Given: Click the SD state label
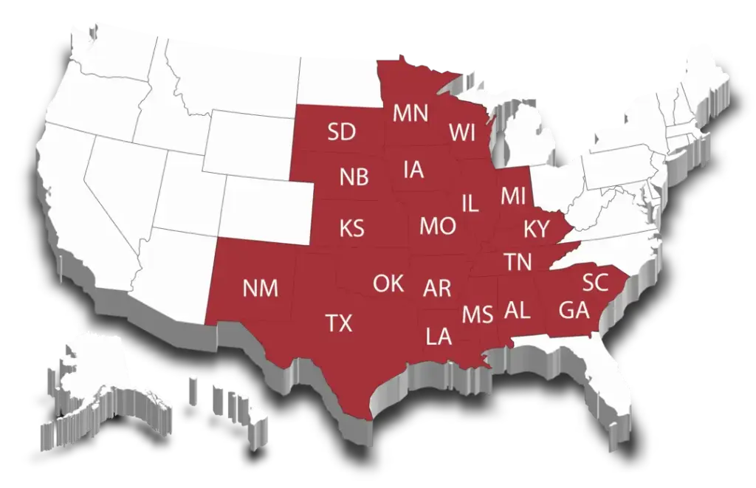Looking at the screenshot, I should [x=342, y=132].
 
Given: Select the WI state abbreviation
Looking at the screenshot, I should [x=462, y=133].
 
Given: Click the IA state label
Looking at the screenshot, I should [x=413, y=170].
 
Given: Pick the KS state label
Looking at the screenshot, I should [x=351, y=228].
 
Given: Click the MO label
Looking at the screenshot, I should [x=437, y=226].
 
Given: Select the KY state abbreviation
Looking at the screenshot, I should [x=537, y=229].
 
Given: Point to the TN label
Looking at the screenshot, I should [x=519, y=261].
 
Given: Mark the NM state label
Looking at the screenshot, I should [x=260, y=289].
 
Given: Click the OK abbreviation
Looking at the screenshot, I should [x=388, y=283].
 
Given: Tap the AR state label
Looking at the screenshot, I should [x=437, y=288].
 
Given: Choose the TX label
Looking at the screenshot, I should [x=339, y=323].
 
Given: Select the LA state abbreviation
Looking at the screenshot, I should [x=439, y=337].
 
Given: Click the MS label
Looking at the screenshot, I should [x=477, y=315].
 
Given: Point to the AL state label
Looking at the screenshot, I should [x=517, y=311].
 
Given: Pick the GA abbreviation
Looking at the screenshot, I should [x=574, y=310].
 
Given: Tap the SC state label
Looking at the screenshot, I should [x=595, y=281].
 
